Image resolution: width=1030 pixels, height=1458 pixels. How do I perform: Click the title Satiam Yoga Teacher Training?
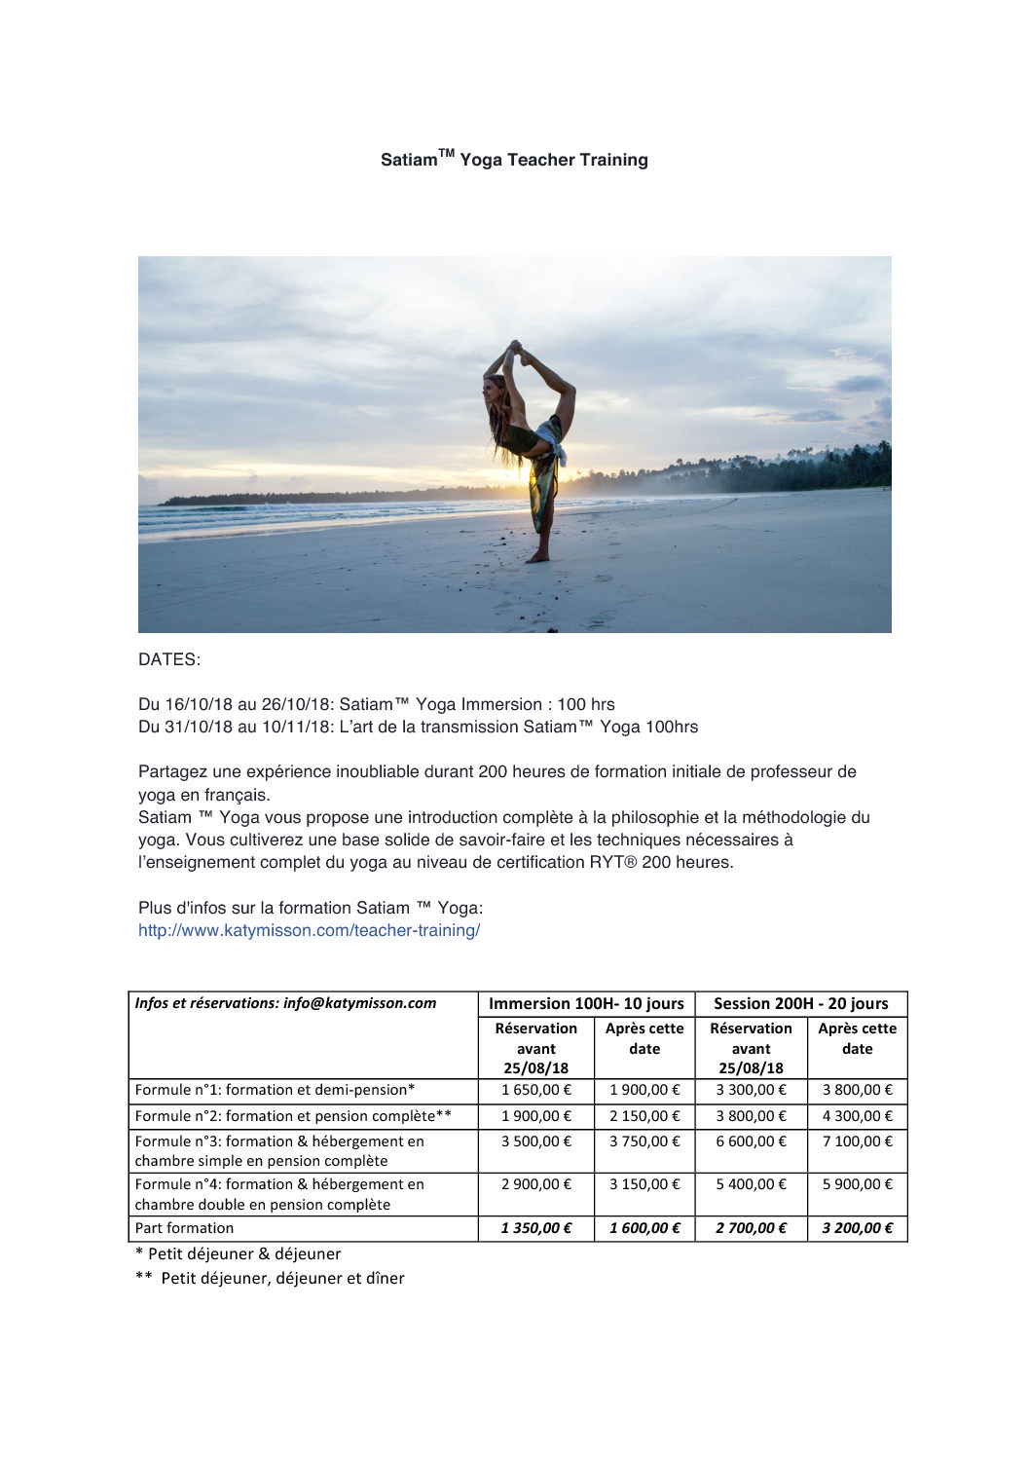[514, 160]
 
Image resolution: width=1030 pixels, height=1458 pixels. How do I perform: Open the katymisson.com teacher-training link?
[309, 930]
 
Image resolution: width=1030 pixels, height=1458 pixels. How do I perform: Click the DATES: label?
[169, 659]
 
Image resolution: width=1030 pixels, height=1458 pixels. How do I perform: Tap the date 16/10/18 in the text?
[199, 704]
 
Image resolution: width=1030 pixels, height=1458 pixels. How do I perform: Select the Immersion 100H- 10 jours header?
[586, 1003]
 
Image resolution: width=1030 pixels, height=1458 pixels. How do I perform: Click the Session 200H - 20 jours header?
[800, 1003]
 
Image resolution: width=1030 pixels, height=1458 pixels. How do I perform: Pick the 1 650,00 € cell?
[536, 1090]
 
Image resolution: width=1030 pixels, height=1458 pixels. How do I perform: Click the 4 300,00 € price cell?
[857, 1116]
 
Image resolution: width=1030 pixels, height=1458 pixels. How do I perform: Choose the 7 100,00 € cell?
[857, 1141]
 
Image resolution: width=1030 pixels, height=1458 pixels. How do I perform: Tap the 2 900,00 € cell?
[536, 1184]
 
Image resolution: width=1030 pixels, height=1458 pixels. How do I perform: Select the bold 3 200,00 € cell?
[857, 1228]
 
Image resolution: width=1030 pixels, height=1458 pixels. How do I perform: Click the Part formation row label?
[184, 1228]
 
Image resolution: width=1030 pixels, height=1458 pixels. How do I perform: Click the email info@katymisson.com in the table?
[359, 1003]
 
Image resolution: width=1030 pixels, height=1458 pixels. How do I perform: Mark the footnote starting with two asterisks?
[270, 1278]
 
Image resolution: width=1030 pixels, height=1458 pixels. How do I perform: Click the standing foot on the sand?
[536, 557]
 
